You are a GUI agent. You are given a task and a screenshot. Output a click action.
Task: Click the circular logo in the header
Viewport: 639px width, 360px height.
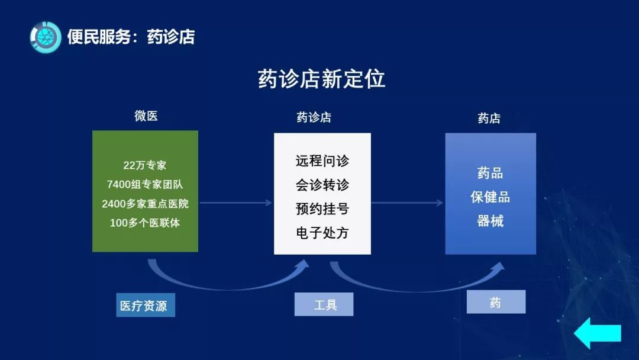[x=46, y=37]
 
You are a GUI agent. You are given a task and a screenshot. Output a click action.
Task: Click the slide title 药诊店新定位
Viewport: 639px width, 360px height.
[x=321, y=79]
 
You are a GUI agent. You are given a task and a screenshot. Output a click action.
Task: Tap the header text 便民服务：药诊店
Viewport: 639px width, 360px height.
[x=131, y=37]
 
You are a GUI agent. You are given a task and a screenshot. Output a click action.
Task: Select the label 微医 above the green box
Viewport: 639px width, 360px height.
[x=146, y=116]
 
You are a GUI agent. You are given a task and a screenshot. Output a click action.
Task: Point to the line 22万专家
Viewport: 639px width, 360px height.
[x=145, y=165]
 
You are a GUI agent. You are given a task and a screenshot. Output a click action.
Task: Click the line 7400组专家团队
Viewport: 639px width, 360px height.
[x=145, y=184]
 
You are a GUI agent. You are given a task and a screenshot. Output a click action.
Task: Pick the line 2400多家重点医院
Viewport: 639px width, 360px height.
[x=145, y=204]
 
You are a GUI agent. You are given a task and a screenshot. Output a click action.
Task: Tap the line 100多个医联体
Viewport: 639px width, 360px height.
[x=145, y=223]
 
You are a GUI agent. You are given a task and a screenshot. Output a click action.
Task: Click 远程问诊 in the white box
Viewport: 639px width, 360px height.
[x=322, y=161]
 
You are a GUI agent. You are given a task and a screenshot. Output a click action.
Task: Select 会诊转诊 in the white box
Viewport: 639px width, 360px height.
[x=322, y=185]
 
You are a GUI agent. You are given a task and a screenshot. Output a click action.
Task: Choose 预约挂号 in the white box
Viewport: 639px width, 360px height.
[x=322, y=208]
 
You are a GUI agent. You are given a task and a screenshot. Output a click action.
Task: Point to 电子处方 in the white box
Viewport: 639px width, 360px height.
[x=322, y=233]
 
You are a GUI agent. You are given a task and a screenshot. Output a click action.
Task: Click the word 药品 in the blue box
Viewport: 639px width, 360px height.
[x=490, y=173]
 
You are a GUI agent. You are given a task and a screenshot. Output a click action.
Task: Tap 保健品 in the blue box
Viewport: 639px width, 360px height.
[x=490, y=197]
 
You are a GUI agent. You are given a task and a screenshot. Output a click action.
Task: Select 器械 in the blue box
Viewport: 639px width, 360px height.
[x=490, y=221]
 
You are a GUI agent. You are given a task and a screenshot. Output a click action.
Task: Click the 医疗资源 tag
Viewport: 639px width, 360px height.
[x=146, y=306]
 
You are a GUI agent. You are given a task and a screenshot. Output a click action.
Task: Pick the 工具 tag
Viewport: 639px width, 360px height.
[x=324, y=305]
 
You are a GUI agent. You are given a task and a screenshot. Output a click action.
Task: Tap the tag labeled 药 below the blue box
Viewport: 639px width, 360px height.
[x=496, y=303]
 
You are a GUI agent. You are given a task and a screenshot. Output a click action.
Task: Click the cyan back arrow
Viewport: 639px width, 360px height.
[x=598, y=333]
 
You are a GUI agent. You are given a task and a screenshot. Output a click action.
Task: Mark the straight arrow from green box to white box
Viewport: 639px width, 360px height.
[x=235, y=203]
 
